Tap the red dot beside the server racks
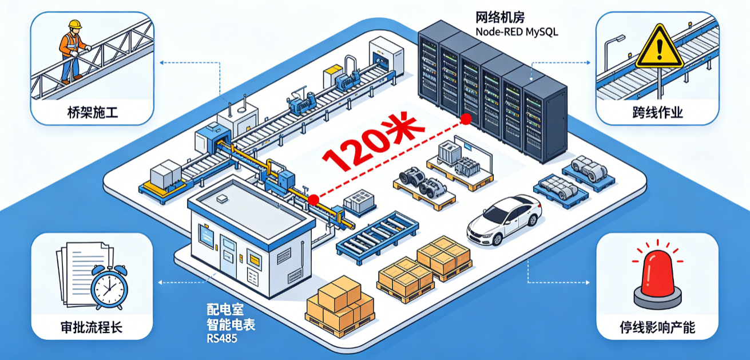point(466,118)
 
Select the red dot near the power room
point(314,200)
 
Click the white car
point(505,220)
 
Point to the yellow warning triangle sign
point(659,47)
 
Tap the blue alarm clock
point(109,287)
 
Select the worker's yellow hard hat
point(75,24)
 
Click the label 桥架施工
point(93,112)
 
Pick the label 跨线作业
point(657,112)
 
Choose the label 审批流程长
point(92,327)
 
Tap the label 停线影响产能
point(657,327)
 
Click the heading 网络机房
point(500,17)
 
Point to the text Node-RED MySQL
point(517,32)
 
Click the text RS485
point(222,339)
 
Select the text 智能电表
point(231,325)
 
